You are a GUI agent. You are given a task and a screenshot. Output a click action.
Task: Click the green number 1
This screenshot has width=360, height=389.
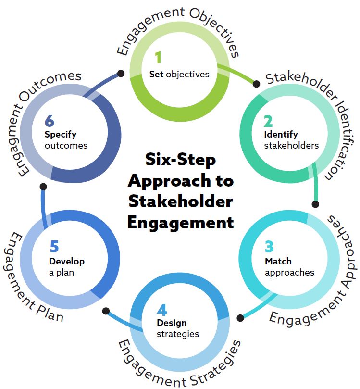(x=159, y=58)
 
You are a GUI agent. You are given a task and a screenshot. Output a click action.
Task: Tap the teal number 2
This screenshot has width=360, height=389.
(x=268, y=120)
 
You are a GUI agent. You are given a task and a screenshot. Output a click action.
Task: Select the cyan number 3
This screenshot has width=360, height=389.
(x=269, y=246)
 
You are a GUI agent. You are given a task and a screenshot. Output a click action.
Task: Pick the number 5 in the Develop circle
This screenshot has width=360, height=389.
(x=54, y=246)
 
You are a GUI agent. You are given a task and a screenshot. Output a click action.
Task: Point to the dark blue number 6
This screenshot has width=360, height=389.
(x=50, y=121)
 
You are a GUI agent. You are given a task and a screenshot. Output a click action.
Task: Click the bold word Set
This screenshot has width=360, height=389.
(x=157, y=74)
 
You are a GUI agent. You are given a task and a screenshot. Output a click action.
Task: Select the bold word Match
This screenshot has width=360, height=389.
(x=278, y=262)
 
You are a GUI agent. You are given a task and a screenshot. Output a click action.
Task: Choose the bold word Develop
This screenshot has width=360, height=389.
(x=66, y=262)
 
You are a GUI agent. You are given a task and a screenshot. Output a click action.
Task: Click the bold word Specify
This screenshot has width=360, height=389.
(x=61, y=135)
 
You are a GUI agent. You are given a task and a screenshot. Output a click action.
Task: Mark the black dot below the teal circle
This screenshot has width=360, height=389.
(x=315, y=204)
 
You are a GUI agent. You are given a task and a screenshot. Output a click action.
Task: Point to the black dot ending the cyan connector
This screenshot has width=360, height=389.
(x=241, y=318)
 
